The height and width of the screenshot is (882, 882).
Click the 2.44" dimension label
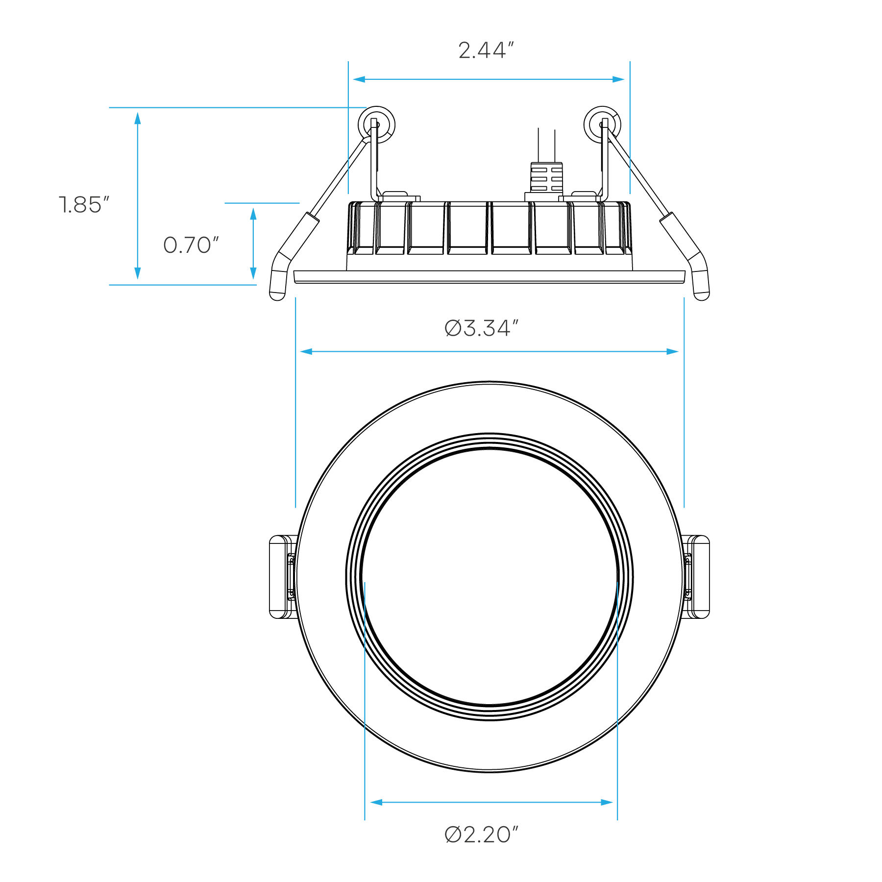(486, 50)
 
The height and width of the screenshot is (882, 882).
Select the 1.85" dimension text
(84, 205)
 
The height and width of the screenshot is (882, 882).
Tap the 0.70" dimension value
(191, 245)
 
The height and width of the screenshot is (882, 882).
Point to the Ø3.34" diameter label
(481, 328)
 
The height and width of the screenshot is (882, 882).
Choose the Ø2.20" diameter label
(481, 834)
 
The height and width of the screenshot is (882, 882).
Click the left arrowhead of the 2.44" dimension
(358, 79)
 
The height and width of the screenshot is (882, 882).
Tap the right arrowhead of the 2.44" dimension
(619, 79)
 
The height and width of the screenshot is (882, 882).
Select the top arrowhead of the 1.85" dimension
(138, 118)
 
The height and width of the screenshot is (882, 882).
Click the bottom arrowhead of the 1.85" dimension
(138, 274)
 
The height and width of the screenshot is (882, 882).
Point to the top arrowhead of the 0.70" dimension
(253, 214)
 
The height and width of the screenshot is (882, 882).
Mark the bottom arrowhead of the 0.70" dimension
(253, 274)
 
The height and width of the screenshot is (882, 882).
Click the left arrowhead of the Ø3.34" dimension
(306, 351)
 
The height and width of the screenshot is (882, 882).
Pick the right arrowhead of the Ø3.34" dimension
(673, 351)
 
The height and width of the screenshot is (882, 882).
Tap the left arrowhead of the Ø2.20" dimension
(375, 802)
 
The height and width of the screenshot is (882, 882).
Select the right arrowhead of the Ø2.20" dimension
(607, 802)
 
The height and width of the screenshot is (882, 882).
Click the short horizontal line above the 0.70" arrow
(262, 203)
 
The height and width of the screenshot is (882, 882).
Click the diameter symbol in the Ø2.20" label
(453, 835)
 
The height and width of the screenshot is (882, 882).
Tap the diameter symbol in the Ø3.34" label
(453, 328)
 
